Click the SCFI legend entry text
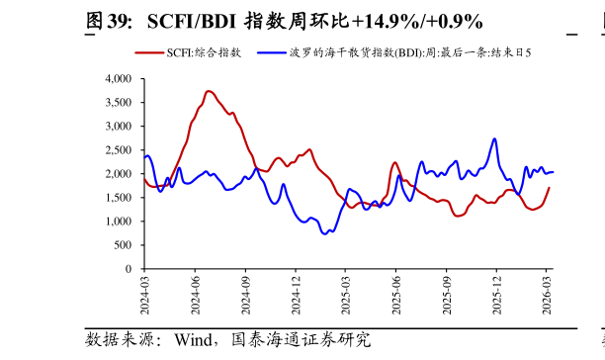tap(204, 52)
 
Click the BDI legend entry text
tap(414, 52)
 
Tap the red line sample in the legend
tap(149, 52)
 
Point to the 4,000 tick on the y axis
tap(118, 78)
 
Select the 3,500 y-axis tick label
tap(118, 102)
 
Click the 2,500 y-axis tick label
tap(118, 149)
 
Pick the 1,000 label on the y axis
tap(118, 221)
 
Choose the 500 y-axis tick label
tap(124, 244)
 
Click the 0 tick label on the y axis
tap(130, 268)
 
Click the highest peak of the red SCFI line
tap(209, 91)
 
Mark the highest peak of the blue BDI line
tap(494, 138)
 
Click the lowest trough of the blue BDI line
tap(325, 234)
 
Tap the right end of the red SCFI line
tap(550, 188)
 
